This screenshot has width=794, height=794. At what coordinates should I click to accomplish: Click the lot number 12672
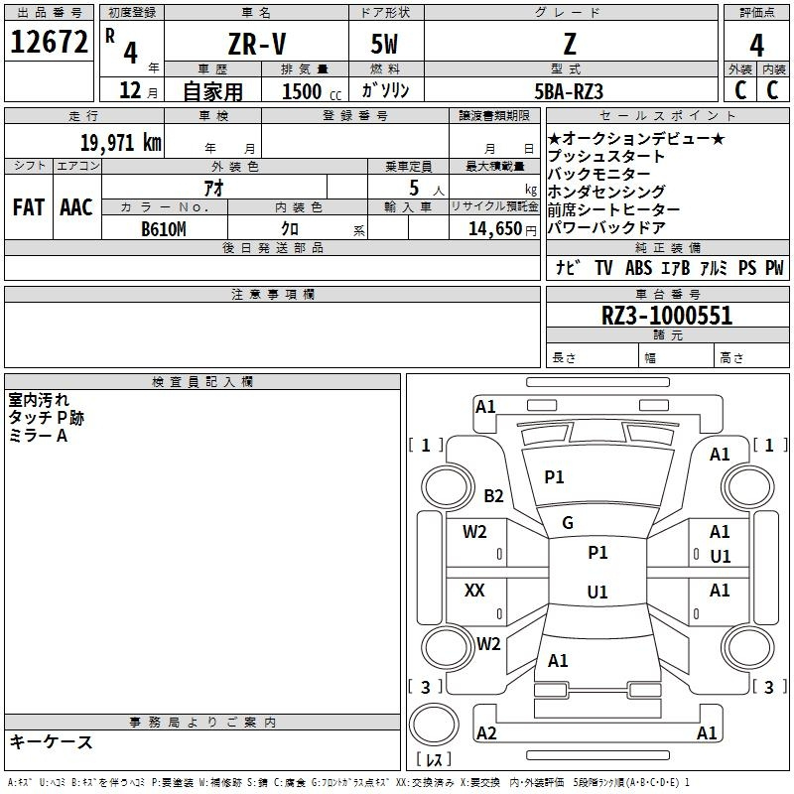tap(49, 42)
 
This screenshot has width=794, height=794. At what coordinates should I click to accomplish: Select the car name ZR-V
tap(257, 44)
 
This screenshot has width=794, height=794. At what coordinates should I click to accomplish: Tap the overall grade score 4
tap(756, 46)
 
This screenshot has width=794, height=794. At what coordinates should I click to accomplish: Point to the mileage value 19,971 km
tap(120, 142)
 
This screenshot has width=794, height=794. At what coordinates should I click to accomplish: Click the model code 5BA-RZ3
tap(569, 91)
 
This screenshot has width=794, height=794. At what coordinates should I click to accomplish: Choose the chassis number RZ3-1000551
tap(667, 316)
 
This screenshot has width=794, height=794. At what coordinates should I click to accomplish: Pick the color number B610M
tap(164, 229)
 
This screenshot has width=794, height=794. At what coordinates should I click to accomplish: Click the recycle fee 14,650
tap(494, 229)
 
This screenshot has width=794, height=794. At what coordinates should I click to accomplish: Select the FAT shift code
tap(29, 207)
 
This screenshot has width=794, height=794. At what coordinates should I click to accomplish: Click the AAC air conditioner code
tap(76, 207)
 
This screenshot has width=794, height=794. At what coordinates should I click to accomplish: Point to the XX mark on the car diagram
tap(474, 590)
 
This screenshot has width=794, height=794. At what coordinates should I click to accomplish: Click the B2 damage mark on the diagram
tap(493, 495)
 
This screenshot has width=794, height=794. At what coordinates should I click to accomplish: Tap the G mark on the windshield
tap(568, 523)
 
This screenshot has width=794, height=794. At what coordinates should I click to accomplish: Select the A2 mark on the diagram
tap(486, 732)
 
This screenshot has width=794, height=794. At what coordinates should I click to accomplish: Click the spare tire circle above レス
tap(434, 725)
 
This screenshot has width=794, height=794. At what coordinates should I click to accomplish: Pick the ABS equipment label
tap(638, 268)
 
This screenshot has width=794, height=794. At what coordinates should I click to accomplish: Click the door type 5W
tap(384, 44)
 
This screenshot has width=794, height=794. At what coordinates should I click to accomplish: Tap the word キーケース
tap(51, 741)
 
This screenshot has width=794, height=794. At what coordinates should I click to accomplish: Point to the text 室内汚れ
tap(39, 400)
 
